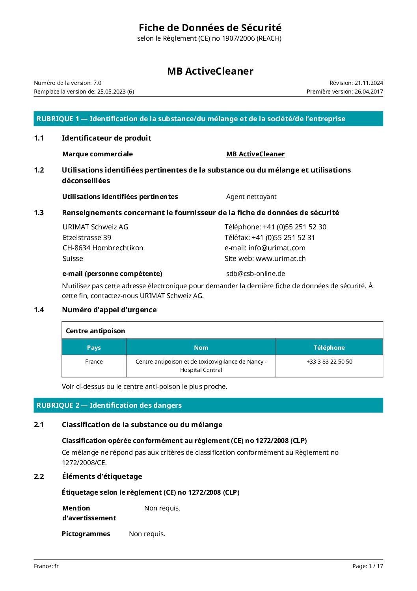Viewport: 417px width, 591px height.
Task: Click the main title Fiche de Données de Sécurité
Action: tap(210, 28)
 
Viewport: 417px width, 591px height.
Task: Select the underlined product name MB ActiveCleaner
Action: tap(255, 154)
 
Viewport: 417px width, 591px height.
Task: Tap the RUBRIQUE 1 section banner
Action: tap(208, 119)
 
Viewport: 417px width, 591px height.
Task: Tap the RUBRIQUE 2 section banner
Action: tap(208, 405)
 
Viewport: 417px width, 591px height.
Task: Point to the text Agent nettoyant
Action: tap(251, 197)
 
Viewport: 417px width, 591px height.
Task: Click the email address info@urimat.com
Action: tap(277, 248)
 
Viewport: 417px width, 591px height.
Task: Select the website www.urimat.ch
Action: tap(281, 259)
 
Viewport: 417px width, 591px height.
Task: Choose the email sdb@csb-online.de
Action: tap(255, 274)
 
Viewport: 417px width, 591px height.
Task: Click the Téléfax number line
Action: tap(270, 238)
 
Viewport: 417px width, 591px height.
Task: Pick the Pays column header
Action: tap(94, 347)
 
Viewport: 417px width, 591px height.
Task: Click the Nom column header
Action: tap(201, 347)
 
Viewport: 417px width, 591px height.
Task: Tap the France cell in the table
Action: tap(94, 362)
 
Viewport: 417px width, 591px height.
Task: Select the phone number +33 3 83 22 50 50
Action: tap(330, 362)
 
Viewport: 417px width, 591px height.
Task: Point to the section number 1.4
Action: tap(39, 310)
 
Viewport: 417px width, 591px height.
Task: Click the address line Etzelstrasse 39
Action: tap(87, 238)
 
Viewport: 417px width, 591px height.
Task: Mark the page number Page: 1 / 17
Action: tap(367, 566)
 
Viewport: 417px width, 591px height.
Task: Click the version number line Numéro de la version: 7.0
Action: tap(68, 83)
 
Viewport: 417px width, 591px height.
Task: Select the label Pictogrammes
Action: tap(86, 534)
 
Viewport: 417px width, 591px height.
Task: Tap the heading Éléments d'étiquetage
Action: tap(102, 477)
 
